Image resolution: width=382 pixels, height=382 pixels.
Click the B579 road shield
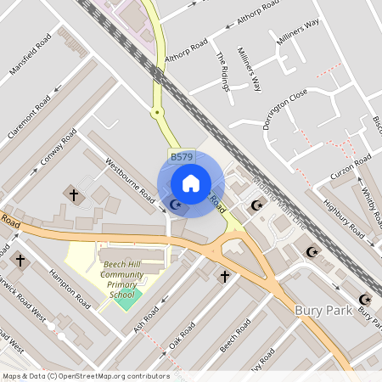tap(182, 157)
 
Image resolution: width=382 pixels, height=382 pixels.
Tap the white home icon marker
tap(191, 183)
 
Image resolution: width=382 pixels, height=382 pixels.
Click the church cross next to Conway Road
tap(72, 195)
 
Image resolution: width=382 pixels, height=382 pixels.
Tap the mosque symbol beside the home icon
tap(176, 204)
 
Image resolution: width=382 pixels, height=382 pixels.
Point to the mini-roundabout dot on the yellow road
tap(156, 111)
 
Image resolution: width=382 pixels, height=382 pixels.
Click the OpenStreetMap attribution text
tap(86, 376)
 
